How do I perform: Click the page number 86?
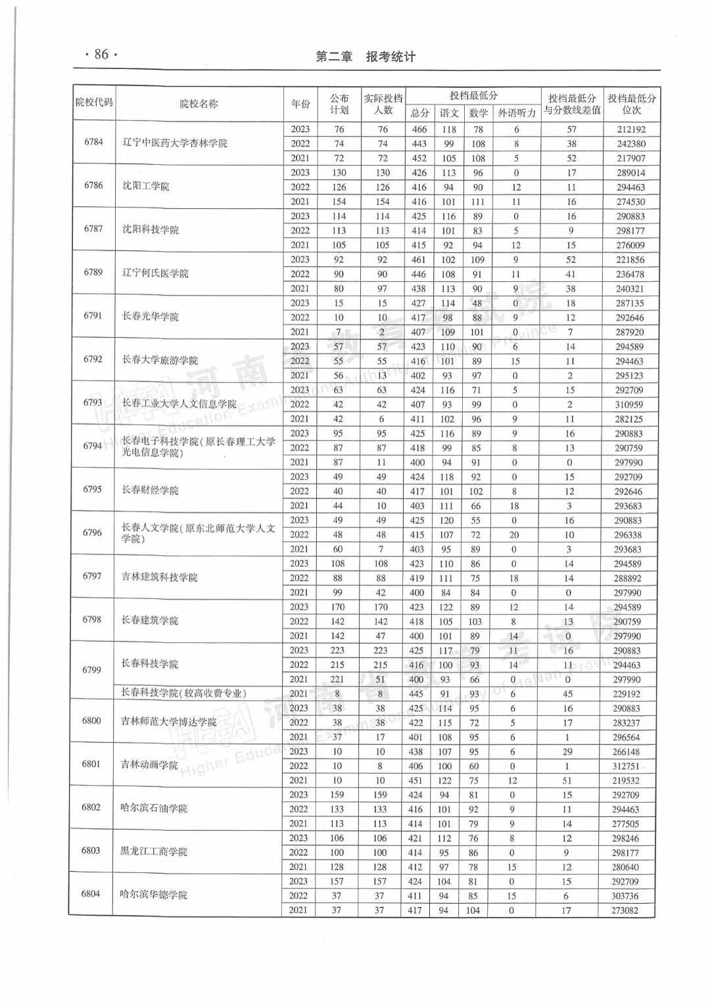point(101,55)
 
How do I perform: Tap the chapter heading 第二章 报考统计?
point(366,57)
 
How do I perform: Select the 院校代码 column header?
point(94,103)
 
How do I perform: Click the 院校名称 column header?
point(199,104)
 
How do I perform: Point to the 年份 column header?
point(300,104)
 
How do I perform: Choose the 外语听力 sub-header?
point(517,113)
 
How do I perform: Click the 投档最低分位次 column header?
point(631,104)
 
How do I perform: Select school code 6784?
point(94,142)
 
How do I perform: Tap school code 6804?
point(91,894)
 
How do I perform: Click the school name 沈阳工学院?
point(146,186)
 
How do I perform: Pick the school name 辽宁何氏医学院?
point(155,273)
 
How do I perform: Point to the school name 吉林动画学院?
point(149,765)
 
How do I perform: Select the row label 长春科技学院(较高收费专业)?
point(183,693)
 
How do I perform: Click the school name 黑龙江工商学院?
point(154,851)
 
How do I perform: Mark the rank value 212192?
point(631,129)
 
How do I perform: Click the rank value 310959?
point(629,405)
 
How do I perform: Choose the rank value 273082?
point(625,910)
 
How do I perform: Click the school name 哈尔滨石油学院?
point(154,808)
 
